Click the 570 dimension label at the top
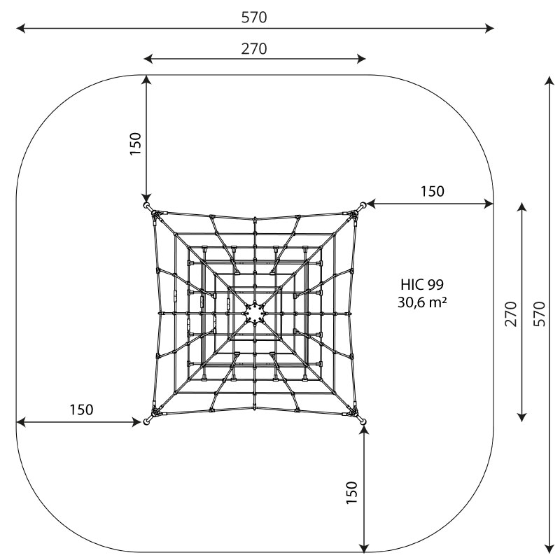254,18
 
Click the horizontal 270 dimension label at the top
254,49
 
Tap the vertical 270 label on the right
512,313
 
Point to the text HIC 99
423,284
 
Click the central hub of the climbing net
255,313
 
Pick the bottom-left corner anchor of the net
146,421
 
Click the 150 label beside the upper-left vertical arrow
136,143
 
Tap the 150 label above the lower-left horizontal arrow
81,409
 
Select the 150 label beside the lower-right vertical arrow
352,492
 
